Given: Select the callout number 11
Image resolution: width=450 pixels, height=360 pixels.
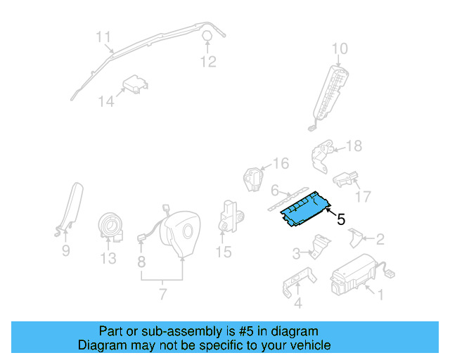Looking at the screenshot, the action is tap(104, 37).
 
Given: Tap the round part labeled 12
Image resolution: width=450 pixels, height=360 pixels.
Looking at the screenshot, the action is tap(208, 37).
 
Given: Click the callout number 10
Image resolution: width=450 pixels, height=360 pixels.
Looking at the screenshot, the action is tap(340, 49).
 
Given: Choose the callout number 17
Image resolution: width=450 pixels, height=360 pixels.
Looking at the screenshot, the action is tap(364, 196).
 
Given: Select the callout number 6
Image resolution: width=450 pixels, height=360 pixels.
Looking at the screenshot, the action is tap(275, 190).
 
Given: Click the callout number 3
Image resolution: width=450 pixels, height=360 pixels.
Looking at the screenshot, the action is tap(296, 252).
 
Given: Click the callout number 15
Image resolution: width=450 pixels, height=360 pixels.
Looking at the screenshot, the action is tap(224, 251).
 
